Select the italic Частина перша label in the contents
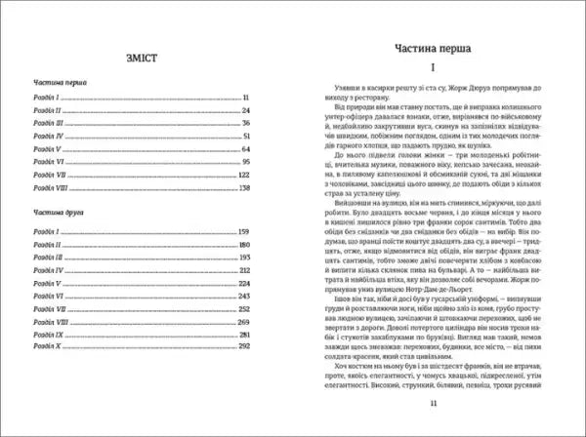(x=57, y=84)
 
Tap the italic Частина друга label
(x=57, y=211)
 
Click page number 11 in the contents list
(x=248, y=99)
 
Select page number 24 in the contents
(x=246, y=111)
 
